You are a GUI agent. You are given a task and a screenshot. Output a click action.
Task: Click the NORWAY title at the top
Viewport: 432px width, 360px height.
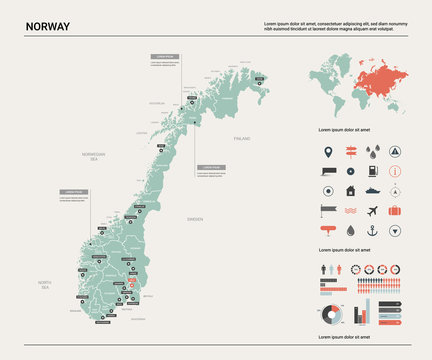48,26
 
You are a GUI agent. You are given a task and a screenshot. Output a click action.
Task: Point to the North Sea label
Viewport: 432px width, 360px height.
44,286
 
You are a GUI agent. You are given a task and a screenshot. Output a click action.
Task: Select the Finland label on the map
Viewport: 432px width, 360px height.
241,136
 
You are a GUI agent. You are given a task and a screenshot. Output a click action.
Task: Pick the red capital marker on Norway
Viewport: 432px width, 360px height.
130,284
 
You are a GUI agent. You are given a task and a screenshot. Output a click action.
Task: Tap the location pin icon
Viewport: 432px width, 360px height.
327,153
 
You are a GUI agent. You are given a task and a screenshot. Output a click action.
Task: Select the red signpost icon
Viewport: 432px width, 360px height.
350,153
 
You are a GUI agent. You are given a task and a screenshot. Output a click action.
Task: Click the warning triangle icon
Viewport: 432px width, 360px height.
396,153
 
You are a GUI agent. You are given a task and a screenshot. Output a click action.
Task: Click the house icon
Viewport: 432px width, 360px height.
350,190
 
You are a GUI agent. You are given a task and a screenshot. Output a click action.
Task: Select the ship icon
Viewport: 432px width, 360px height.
372,190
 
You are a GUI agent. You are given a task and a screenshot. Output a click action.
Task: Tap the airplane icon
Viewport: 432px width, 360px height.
372,211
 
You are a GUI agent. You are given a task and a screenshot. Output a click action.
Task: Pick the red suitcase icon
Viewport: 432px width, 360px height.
396,211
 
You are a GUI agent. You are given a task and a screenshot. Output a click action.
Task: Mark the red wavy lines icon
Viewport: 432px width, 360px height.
350,211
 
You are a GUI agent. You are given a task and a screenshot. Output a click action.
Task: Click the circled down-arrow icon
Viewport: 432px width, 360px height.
396,231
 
